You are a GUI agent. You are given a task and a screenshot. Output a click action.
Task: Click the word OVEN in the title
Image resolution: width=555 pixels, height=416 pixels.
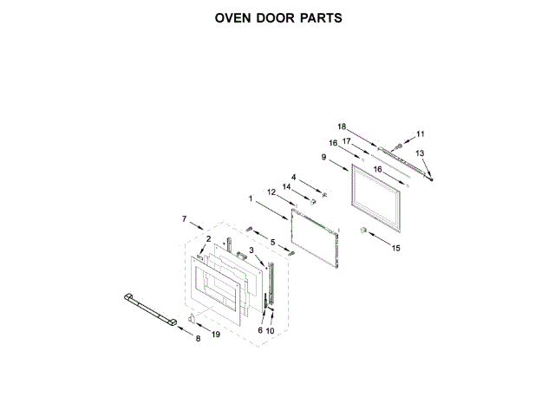tap(235, 17)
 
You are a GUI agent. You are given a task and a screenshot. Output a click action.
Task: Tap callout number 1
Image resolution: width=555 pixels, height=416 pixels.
tap(251, 198)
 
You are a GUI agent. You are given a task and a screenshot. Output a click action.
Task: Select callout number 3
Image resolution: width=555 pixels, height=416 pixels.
tap(251, 250)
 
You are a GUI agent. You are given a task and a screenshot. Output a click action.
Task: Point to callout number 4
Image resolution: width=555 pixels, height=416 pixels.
tap(293, 177)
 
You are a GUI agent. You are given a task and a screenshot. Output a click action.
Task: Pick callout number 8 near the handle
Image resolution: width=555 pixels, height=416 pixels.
tap(198, 338)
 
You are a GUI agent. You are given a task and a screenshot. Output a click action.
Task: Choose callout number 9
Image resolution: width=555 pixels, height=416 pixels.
tap(323, 157)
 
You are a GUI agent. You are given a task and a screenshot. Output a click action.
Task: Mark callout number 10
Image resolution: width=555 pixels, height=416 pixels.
tap(270, 331)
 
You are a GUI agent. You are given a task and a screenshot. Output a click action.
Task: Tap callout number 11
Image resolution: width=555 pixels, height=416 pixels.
tap(421, 133)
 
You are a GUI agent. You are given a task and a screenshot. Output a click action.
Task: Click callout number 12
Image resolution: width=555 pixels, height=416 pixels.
tap(271, 192)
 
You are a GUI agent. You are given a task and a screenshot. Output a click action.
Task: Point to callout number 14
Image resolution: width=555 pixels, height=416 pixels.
tap(285, 186)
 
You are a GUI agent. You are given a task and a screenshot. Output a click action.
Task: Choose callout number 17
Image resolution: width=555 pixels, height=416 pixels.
tap(345, 140)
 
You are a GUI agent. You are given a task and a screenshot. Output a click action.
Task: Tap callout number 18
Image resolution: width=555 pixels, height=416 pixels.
tap(341, 127)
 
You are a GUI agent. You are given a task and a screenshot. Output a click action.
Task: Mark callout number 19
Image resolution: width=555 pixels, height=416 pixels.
tap(216, 335)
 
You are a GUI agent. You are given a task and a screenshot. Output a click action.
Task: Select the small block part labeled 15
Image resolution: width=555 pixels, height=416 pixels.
tap(365, 230)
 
